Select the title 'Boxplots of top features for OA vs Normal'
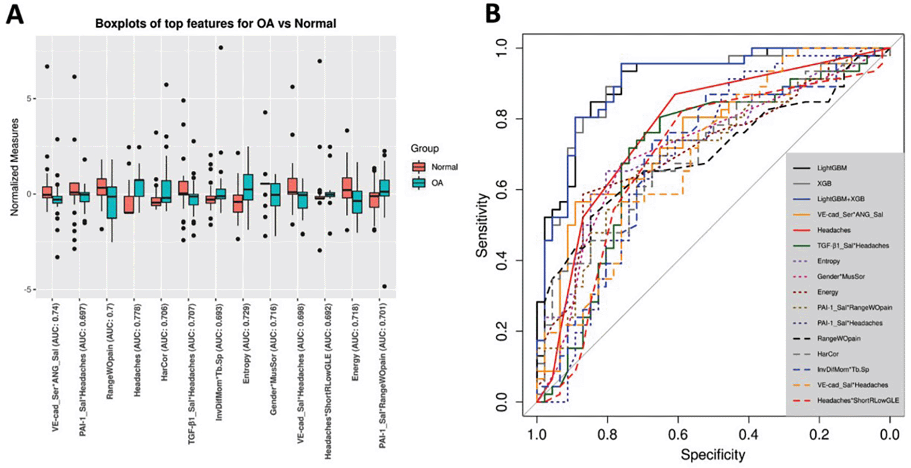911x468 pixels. tap(216, 24)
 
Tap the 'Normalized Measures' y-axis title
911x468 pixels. tap(14, 167)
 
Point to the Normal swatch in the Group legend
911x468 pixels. tap(418, 167)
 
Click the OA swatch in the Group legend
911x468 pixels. tap(418, 183)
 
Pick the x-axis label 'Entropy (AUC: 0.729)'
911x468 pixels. tap(246, 343)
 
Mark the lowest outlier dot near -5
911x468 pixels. tap(384, 286)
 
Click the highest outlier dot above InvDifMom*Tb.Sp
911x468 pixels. tap(220, 47)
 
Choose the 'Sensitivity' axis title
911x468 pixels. tap(482, 225)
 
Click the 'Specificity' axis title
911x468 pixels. tap(713, 455)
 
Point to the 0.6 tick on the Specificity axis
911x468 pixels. tap(678, 435)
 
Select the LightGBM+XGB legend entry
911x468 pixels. tap(840, 199)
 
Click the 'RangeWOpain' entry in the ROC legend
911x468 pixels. tap(838, 338)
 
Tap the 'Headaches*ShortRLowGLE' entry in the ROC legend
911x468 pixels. tap(857, 400)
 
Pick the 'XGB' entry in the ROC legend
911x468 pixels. tap(824, 183)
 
